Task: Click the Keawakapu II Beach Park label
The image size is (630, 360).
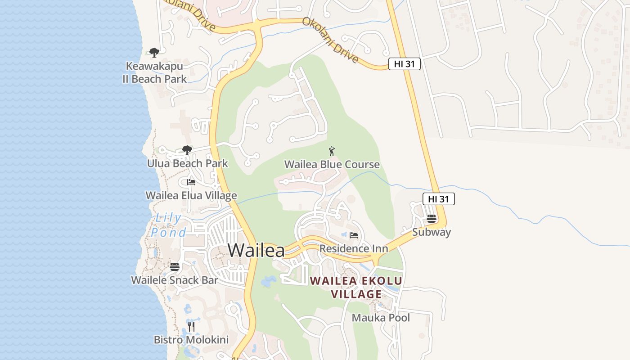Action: point(154,72)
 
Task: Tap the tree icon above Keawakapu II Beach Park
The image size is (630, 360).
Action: point(154,53)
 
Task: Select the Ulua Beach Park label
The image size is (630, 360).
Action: point(188,163)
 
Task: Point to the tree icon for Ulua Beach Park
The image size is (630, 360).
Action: point(187,150)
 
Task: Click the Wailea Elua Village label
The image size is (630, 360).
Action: point(191,196)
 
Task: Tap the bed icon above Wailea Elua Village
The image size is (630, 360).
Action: point(191,182)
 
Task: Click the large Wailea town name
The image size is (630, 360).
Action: point(256,250)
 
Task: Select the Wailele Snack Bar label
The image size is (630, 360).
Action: point(175,280)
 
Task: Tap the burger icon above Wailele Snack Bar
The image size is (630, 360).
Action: point(175,267)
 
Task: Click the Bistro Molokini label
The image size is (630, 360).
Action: point(191,340)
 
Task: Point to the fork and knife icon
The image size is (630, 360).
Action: point(191,326)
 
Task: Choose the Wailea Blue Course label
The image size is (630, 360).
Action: point(332,164)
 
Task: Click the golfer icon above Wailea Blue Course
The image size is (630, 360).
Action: point(332,151)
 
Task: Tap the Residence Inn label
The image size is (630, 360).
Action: point(354,248)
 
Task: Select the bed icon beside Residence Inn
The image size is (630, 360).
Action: point(354,235)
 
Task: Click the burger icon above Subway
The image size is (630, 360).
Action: point(432,219)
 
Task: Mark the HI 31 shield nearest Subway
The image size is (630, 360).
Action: point(439,199)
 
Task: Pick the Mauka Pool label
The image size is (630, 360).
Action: point(381,318)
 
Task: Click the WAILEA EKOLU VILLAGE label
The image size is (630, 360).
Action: point(356,288)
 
